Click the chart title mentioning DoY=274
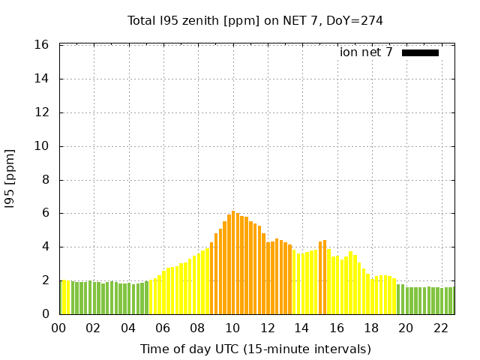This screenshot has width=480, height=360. [255, 20]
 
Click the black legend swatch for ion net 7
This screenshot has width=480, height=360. [420, 52]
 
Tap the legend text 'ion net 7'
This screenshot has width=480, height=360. [366, 52]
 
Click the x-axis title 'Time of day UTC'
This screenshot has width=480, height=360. [255, 349]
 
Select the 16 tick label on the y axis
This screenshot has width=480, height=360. [42, 45]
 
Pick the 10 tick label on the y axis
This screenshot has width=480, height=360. [42, 146]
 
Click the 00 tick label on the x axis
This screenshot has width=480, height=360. [59, 328]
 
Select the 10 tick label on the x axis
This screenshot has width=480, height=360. [232, 328]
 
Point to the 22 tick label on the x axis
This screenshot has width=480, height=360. [440, 328]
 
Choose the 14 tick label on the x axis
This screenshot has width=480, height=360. [301, 328]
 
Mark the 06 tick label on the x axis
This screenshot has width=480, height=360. [163, 328]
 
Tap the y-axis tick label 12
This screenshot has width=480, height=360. [42, 112]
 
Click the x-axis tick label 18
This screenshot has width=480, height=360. [371, 328]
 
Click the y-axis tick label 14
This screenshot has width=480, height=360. [42, 79]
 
